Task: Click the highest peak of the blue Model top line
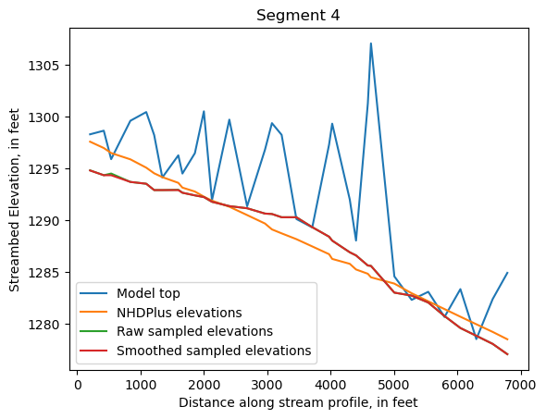(x=371, y=43)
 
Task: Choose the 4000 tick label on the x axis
(x=330, y=383)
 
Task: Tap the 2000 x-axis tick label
(x=205, y=383)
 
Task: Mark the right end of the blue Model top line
(x=507, y=273)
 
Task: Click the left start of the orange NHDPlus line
(x=90, y=142)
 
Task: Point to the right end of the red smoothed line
(x=507, y=354)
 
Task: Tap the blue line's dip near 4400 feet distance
(x=356, y=240)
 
